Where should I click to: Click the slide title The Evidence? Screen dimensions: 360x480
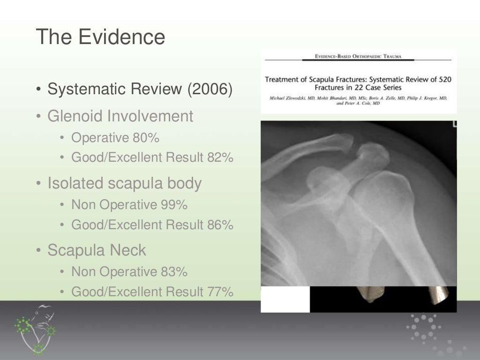pyautogui.click(x=100, y=37)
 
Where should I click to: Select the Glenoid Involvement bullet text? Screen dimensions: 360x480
pyautogui.click(x=120, y=116)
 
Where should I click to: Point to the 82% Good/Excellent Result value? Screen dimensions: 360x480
pyautogui.click(x=220, y=157)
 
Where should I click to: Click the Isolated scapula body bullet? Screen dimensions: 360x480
pyautogui.click(x=124, y=183)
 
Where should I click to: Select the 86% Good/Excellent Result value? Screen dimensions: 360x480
pyautogui.click(x=220, y=225)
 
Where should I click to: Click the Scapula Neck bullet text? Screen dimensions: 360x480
pyautogui.click(x=97, y=250)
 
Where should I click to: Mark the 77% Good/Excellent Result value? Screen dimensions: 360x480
pyautogui.click(x=220, y=292)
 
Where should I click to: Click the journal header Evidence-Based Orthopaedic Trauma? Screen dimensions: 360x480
pyautogui.click(x=358, y=57)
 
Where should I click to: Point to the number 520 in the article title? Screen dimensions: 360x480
pyautogui.click(x=442, y=79)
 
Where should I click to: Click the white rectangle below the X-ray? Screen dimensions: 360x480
pyautogui.click(x=285, y=299)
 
